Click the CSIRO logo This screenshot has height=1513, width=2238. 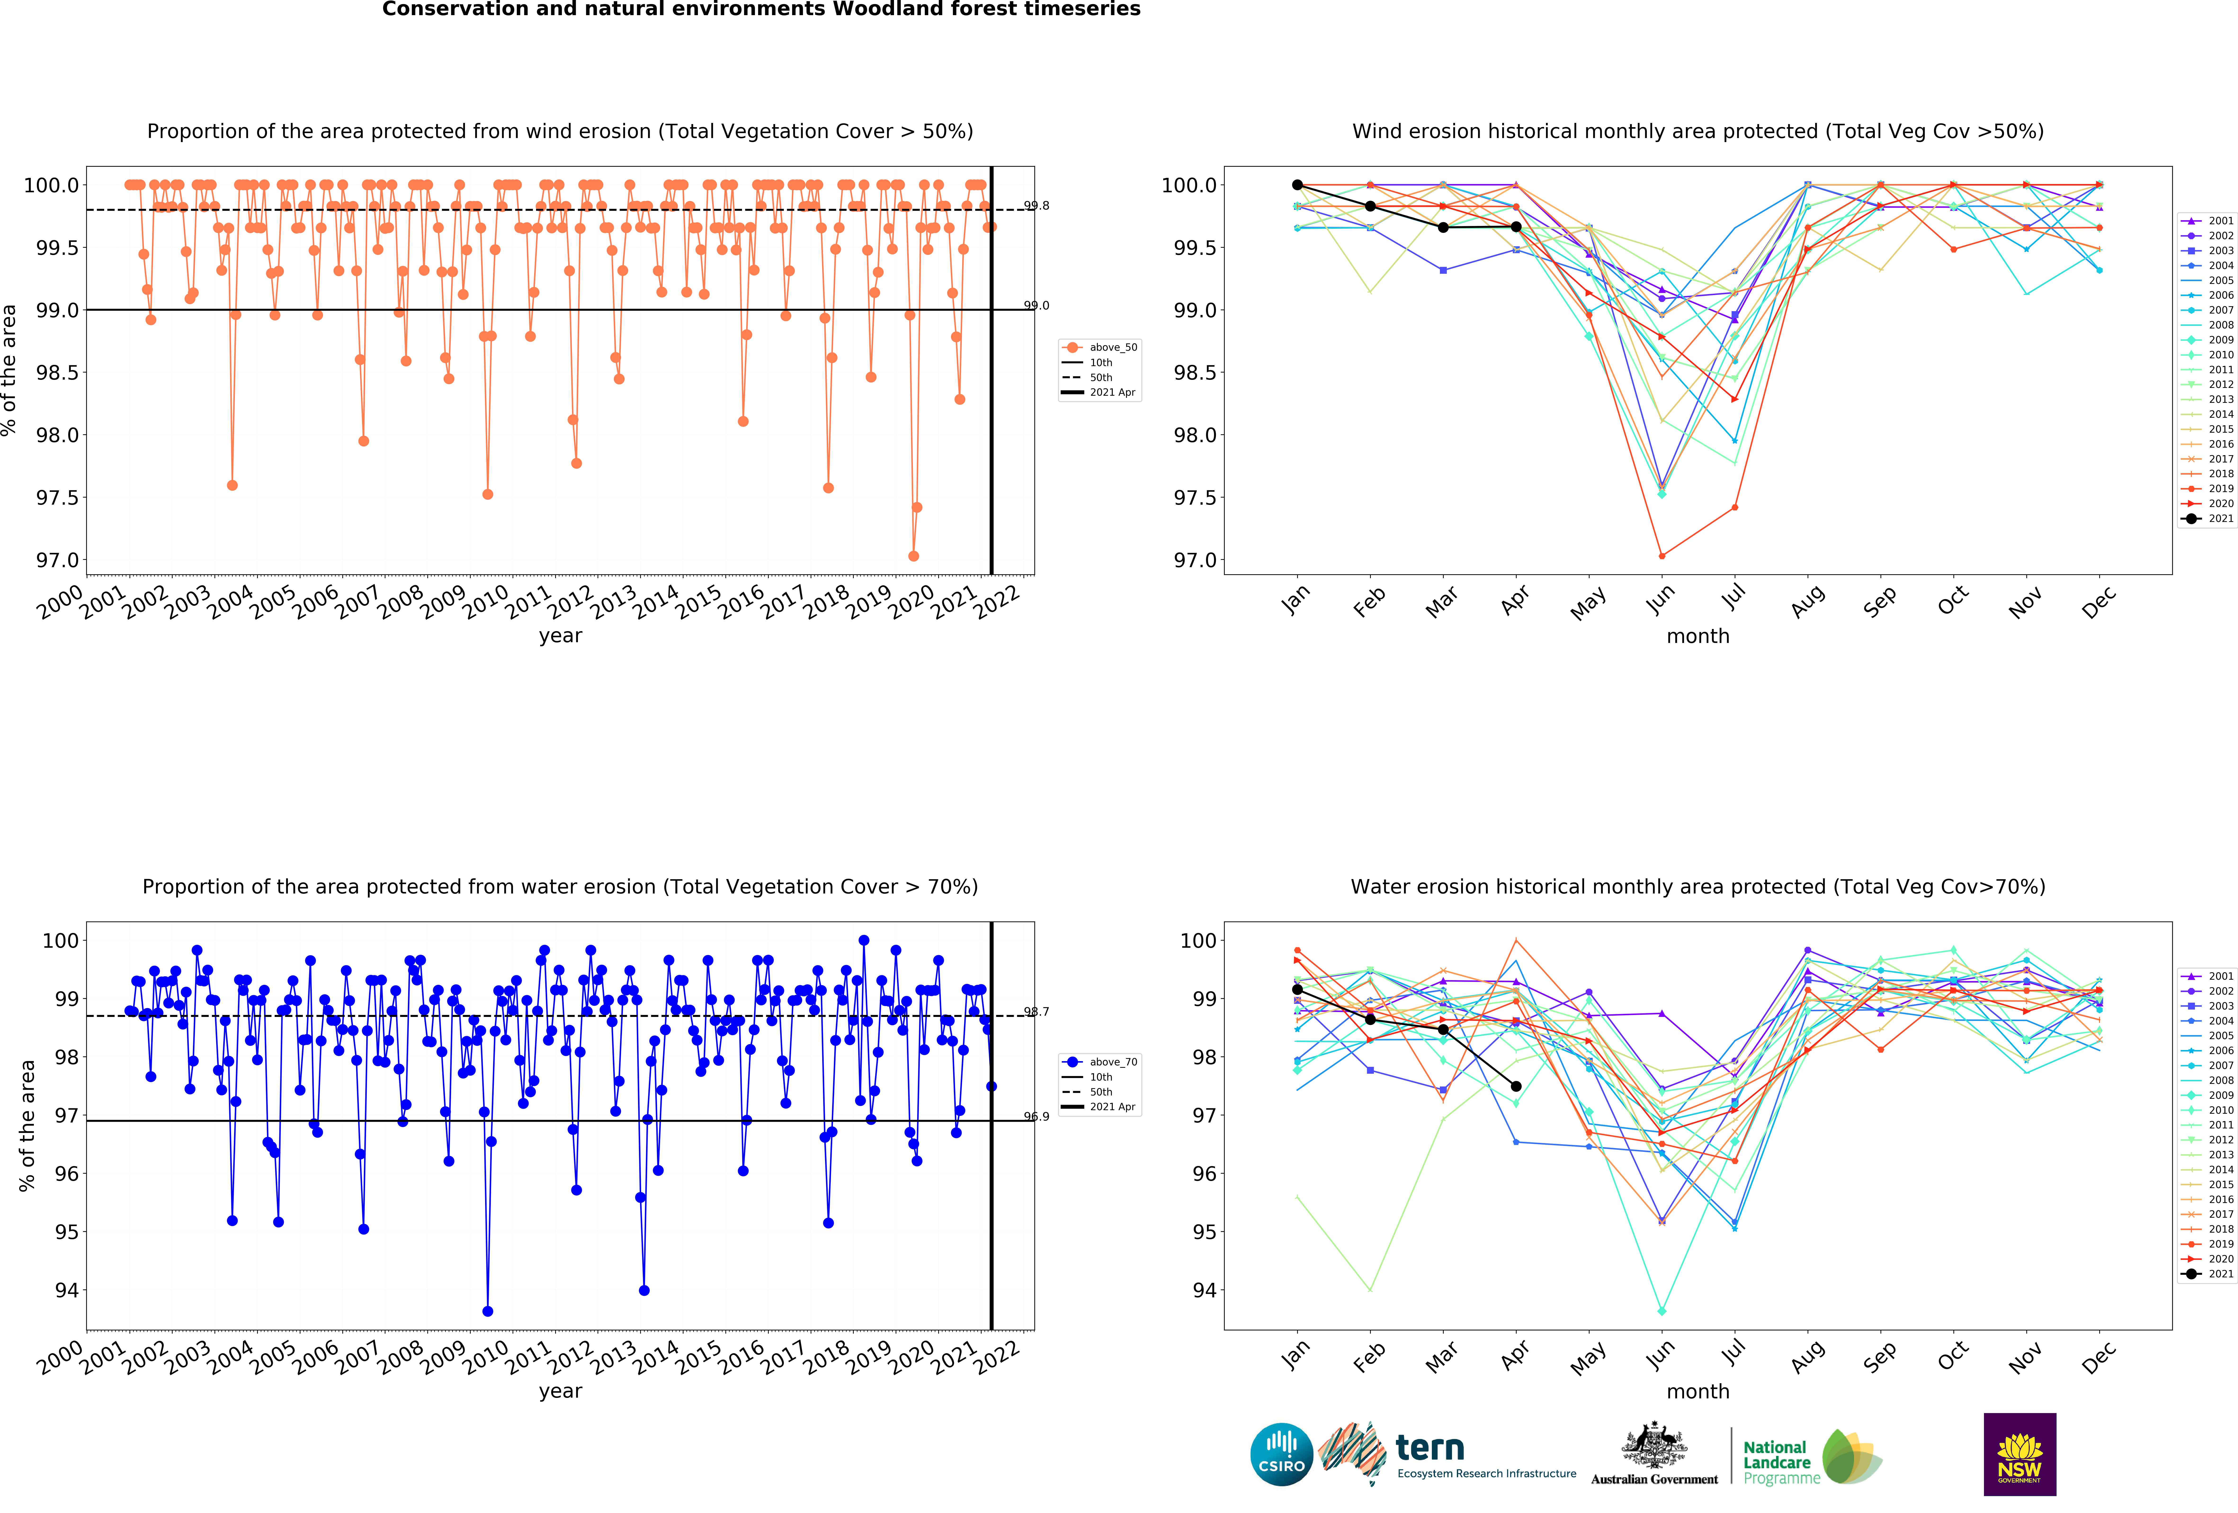point(1281,1454)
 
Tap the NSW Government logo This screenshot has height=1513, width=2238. point(2019,1454)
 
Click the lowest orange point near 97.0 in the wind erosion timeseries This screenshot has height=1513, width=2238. point(913,556)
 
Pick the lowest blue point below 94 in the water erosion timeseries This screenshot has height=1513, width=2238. point(487,1311)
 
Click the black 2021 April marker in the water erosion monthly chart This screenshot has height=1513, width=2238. point(1516,1086)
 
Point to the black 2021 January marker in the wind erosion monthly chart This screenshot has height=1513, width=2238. point(1297,185)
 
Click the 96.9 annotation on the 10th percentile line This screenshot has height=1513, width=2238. point(1036,1116)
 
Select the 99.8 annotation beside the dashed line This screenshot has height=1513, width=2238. point(1036,205)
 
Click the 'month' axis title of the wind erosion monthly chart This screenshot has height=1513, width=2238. point(1698,636)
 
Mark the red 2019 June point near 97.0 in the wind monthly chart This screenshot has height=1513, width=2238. point(1661,556)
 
